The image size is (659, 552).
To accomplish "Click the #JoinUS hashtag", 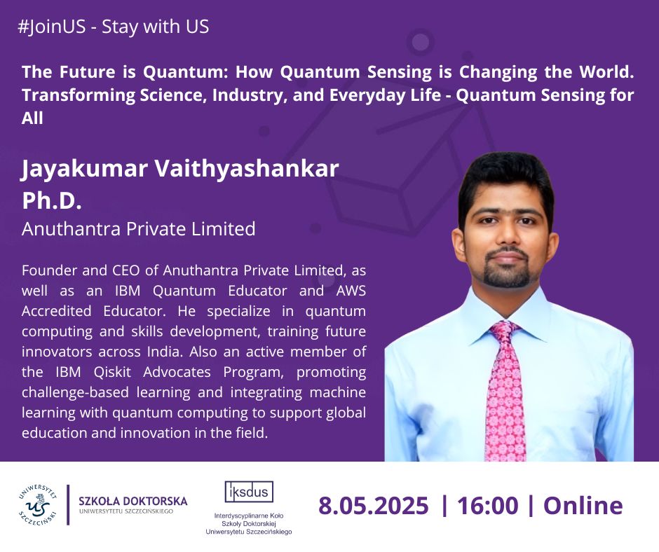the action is [x=51, y=27].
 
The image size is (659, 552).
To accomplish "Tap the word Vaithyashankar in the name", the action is [x=247, y=168].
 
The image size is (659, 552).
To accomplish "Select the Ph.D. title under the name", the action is [x=52, y=200].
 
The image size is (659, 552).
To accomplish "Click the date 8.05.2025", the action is [x=373, y=505].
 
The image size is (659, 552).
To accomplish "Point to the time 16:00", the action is [x=487, y=505].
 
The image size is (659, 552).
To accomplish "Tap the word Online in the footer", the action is [x=583, y=505].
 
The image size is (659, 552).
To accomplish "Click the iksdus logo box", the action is [x=249, y=492].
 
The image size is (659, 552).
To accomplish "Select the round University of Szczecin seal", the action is [x=37, y=504].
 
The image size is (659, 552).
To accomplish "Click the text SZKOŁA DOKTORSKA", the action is [x=133, y=501].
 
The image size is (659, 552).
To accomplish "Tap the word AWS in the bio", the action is [x=351, y=291].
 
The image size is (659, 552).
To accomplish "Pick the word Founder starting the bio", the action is [x=48, y=270].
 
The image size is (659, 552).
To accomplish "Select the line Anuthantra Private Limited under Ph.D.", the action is [x=139, y=229].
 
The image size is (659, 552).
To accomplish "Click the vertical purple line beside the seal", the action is [x=68, y=504].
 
